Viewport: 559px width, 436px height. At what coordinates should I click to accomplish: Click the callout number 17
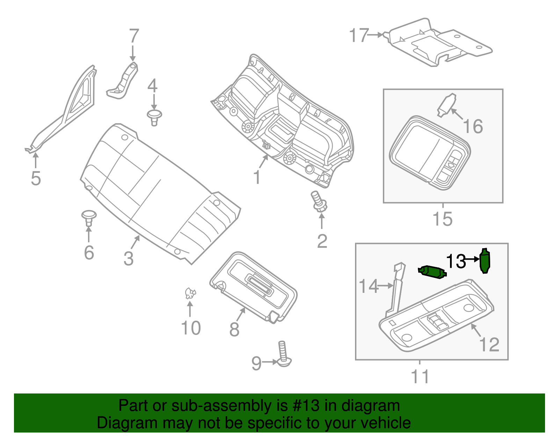[x=359, y=36]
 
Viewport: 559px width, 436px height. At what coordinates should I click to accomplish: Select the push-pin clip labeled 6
[x=89, y=217]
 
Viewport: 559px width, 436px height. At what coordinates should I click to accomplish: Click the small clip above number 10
[x=190, y=293]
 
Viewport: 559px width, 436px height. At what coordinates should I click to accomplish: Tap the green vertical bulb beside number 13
[x=485, y=261]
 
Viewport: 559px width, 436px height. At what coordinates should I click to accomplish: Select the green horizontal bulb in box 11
[x=432, y=272]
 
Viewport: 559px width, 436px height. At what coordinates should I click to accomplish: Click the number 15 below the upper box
[x=442, y=219]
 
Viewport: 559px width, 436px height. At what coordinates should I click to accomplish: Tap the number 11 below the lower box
[x=420, y=376]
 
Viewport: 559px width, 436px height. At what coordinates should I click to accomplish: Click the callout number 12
[x=489, y=345]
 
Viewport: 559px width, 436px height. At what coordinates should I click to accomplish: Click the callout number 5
[x=36, y=178]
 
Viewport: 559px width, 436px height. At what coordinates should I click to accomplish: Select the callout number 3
[x=129, y=259]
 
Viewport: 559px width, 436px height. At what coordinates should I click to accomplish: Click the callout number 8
[x=234, y=329]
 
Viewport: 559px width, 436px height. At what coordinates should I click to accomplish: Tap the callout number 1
[x=257, y=177]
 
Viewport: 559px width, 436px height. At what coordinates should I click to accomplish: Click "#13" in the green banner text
[x=305, y=406]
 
